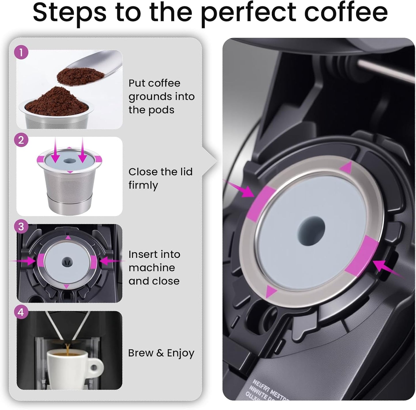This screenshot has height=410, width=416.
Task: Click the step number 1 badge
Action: point(21,53)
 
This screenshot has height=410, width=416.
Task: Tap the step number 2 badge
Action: point(21,140)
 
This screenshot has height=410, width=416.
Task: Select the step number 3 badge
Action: point(21,227)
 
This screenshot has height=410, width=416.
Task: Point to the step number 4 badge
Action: point(21,312)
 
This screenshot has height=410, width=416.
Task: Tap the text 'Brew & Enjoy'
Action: point(161,353)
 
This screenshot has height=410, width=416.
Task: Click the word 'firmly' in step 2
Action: point(143,185)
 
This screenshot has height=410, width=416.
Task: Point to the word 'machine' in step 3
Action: point(152,268)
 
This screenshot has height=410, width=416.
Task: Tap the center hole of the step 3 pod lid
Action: point(68,262)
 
